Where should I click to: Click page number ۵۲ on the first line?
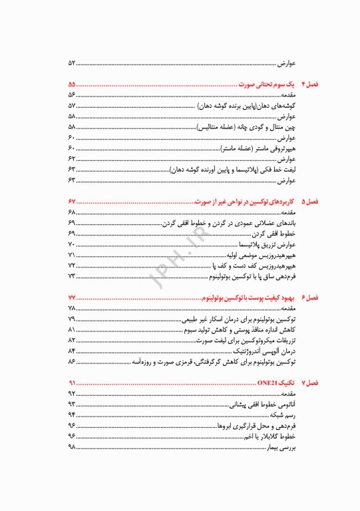click(72, 63)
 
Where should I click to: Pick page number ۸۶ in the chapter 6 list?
click(72, 362)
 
